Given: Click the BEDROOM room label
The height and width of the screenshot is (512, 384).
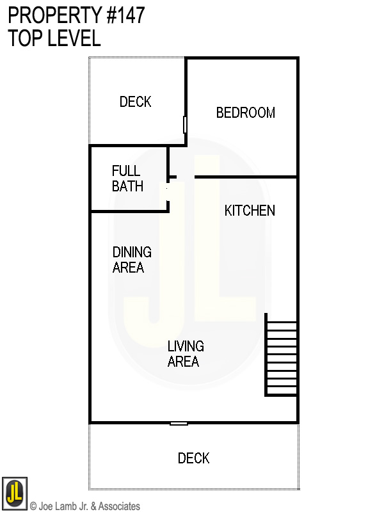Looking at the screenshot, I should (x=246, y=113).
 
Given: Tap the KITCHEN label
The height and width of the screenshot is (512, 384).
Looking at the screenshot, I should (x=250, y=211).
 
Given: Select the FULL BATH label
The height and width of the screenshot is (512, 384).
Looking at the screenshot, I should (x=127, y=179).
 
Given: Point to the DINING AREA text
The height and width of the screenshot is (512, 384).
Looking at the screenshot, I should (x=131, y=259).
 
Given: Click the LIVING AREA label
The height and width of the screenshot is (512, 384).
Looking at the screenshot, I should (x=185, y=354).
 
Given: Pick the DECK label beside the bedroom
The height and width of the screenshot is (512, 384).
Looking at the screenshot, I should (x=136, y=102).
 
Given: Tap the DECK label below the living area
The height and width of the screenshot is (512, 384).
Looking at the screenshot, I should (x=193, y=458).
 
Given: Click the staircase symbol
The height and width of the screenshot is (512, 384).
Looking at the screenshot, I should (x=282, y=356).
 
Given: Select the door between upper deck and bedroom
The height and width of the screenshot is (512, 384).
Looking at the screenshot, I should (x=186, y=124).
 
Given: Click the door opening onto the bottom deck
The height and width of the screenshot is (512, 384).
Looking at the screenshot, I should (x=179, y=423).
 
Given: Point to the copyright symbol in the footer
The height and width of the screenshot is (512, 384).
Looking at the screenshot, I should (x=33, y=506).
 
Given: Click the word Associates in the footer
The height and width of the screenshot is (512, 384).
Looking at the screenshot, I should (x=119, y=506).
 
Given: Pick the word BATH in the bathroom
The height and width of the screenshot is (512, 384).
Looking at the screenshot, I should (x=127, y=186).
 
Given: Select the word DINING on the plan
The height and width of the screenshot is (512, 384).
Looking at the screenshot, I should (x=132, y=252).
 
